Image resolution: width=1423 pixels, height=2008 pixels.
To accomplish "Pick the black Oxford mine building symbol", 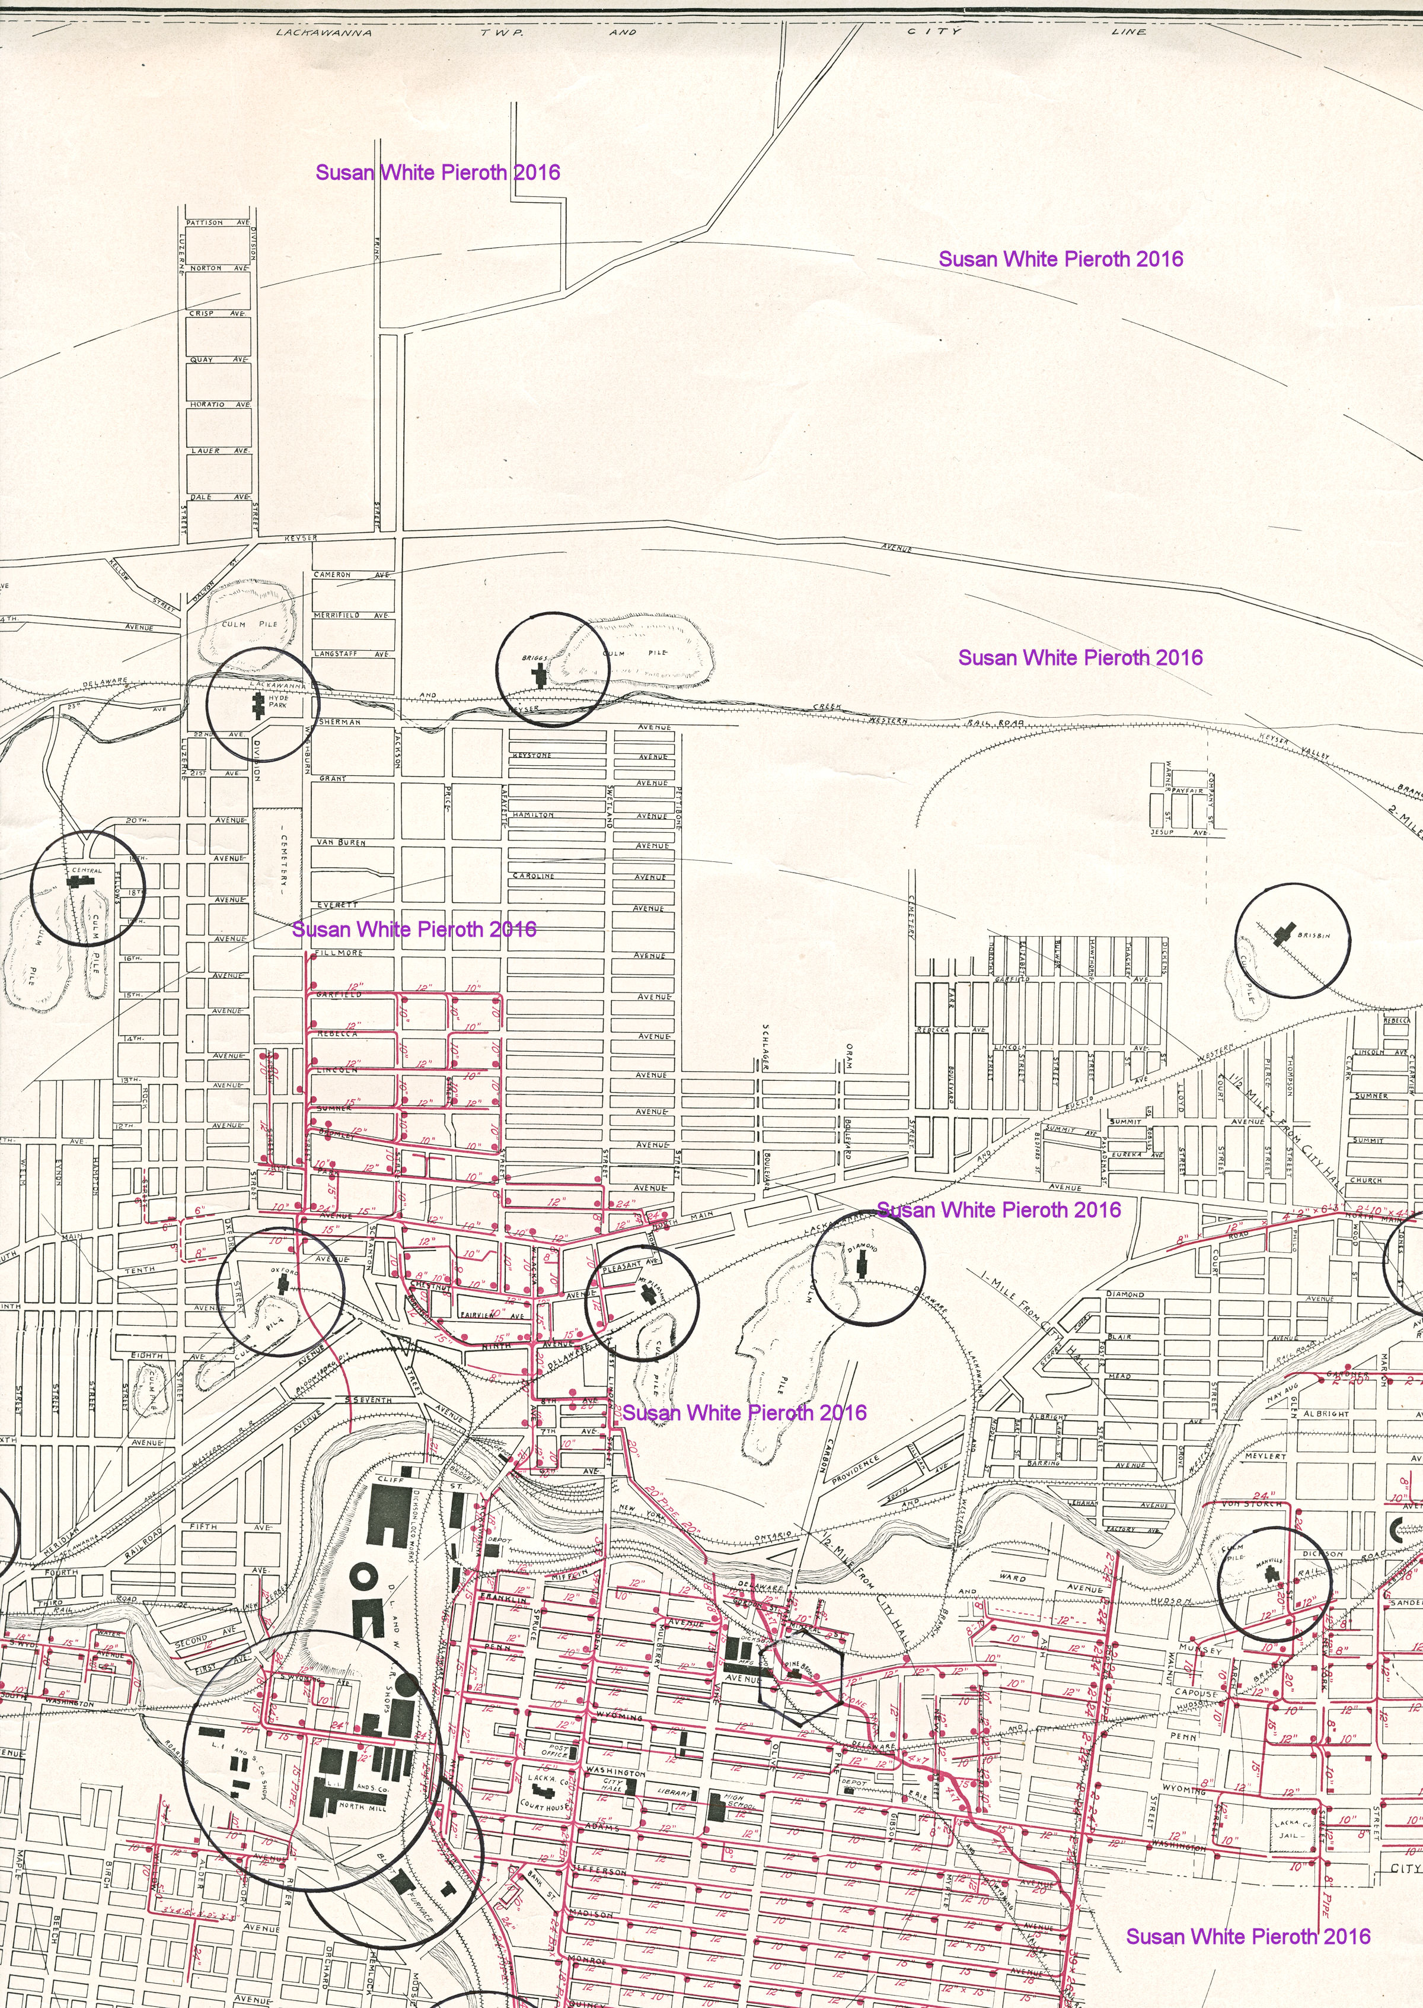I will [282, 1283].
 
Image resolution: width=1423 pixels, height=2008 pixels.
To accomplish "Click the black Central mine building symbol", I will [79, 877].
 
